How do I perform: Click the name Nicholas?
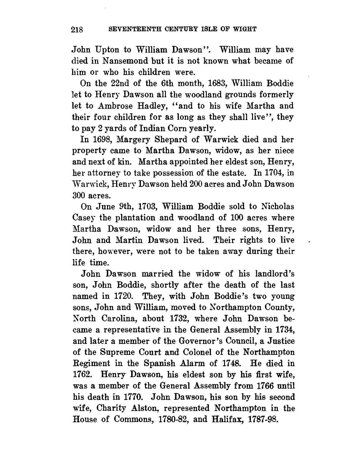click(x=277, y=207)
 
